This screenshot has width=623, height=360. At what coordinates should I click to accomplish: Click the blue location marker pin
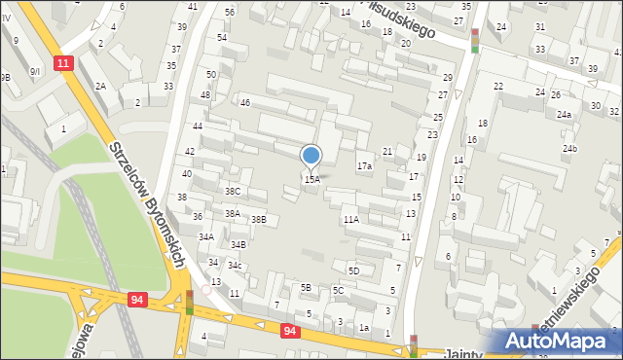[x=311, y=156]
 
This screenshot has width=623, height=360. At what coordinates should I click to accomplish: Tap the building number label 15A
[x=311, y=180]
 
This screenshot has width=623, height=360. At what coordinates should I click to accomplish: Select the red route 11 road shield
[x=63, y=63]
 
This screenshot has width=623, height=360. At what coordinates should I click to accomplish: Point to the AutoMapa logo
[x=559, y=342]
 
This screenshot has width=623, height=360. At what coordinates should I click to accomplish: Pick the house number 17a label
[x=364, y=166]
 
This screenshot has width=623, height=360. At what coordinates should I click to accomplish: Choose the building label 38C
[x=233, y=192]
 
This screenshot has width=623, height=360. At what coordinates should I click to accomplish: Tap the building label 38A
[x=233, y=213]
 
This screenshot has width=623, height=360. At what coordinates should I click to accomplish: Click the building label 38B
[x=258, y=220]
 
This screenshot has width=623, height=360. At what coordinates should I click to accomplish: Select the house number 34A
[x=206, y=236]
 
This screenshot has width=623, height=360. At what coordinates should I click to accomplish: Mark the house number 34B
[x=238, y=245]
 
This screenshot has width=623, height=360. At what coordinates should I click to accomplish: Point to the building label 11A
[x=350, y=220]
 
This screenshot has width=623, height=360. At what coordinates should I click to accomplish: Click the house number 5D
[x=354, y=270]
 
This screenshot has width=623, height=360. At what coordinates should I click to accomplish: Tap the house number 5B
[x=305, y=287]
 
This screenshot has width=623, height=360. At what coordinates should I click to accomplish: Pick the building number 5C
[x=338, y=291]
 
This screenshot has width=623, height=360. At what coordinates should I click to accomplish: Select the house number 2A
[x=100, y=87]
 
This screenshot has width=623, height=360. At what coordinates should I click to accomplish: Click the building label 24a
[x=564, y=115]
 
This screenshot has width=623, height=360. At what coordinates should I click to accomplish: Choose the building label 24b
[x=569, y=149]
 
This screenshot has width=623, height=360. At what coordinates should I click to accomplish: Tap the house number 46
[x=245, y=102]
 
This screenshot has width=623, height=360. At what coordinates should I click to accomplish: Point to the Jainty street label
[x=463, y=353]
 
